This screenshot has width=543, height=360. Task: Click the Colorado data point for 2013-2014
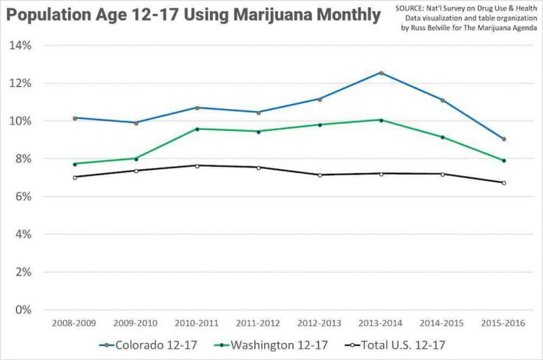(381, 73)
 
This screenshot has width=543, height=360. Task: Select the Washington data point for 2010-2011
(197, 129)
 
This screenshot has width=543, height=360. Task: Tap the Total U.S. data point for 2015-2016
(504, 182)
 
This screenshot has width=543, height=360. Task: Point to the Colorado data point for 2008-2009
(75, 117)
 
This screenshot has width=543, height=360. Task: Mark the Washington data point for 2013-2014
(381, 120)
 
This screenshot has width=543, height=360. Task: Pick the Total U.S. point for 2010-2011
(197, 166)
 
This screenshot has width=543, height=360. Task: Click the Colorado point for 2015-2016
(504, 139)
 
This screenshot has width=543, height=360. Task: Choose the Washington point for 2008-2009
(75, 163)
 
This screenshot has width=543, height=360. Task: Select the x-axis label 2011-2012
(259, 323)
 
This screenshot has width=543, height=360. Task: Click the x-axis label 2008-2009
(75, 323)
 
